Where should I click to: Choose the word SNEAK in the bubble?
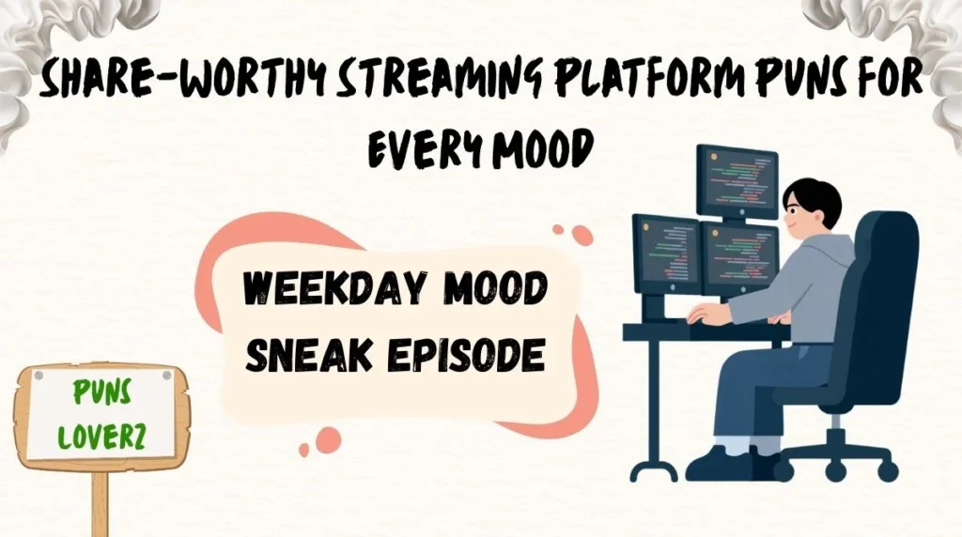[x=303, y=356]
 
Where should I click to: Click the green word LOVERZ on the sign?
[x=101, y=437]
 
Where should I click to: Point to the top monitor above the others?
[x=737, y=180]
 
